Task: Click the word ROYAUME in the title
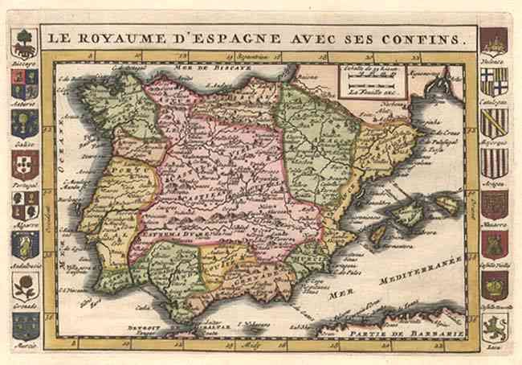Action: click(x=113, y=37)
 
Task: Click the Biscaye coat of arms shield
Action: click(x=25, y=43)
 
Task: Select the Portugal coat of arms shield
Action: click(x=24, y=163)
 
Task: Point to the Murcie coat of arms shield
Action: click(x=25, y=325)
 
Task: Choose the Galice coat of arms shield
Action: click(x=24, y=122)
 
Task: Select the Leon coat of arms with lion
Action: click(x=494, y=325)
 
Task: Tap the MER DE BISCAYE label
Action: click(x=224, y=70)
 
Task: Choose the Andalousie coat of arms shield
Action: click(x=25, y=244)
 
